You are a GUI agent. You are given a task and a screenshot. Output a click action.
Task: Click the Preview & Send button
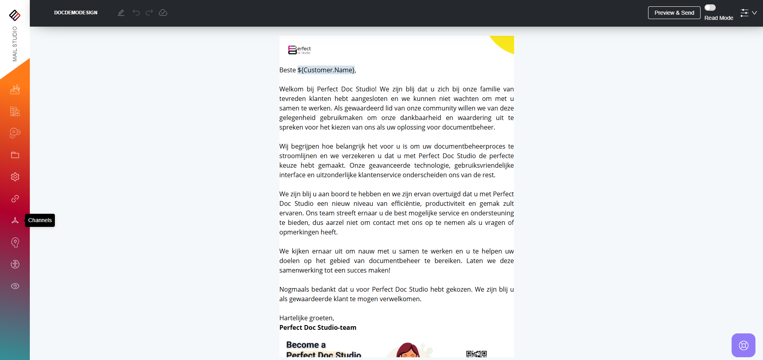674,13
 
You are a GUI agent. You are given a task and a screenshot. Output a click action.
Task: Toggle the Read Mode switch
710,8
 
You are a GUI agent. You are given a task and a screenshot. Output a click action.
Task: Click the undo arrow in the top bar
136,13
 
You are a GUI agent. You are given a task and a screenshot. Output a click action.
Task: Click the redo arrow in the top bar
149,13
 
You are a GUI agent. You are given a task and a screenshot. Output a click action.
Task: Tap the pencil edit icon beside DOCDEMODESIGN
121,13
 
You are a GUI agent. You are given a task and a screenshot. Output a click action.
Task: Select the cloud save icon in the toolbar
163,13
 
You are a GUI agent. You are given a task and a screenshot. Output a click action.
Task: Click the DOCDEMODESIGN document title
76,13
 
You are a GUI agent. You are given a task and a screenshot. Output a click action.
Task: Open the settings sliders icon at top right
744,13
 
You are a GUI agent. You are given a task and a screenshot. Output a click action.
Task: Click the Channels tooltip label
40,220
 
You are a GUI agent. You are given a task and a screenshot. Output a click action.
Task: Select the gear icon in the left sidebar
15,177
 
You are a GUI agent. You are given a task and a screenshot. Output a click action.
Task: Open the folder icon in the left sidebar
15,155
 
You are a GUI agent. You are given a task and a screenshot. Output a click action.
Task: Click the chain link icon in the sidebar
15,199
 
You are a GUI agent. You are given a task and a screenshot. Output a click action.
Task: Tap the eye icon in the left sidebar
15,286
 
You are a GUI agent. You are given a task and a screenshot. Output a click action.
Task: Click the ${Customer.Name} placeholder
326,70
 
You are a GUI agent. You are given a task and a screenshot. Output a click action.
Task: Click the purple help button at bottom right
743,345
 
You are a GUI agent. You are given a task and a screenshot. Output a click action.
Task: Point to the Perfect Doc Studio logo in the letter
299,50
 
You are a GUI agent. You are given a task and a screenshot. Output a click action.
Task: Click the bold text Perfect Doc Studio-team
318,327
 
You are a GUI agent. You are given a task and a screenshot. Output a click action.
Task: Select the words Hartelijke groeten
307,318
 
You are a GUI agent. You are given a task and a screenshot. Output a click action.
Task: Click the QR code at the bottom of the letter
476,354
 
